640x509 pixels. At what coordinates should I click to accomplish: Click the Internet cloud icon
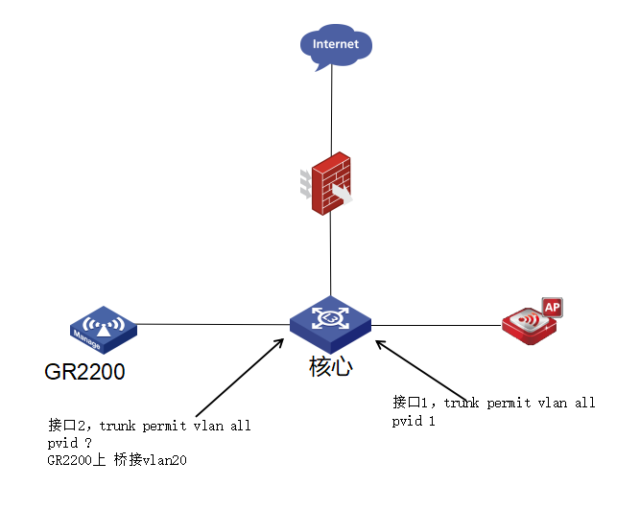[335, 46]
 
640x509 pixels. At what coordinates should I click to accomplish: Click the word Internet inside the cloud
[335, 44]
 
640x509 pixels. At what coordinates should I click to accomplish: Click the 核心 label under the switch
[331, 366]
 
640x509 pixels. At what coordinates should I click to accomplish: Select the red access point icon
[529, 322]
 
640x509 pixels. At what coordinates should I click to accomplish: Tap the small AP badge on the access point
[552, 307]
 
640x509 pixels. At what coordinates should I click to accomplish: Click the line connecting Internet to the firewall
[331, 110]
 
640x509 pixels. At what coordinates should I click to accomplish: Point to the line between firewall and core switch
[330, 254]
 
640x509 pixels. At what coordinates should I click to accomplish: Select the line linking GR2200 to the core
[211, 324]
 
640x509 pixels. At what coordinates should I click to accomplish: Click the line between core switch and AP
[437, 326]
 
